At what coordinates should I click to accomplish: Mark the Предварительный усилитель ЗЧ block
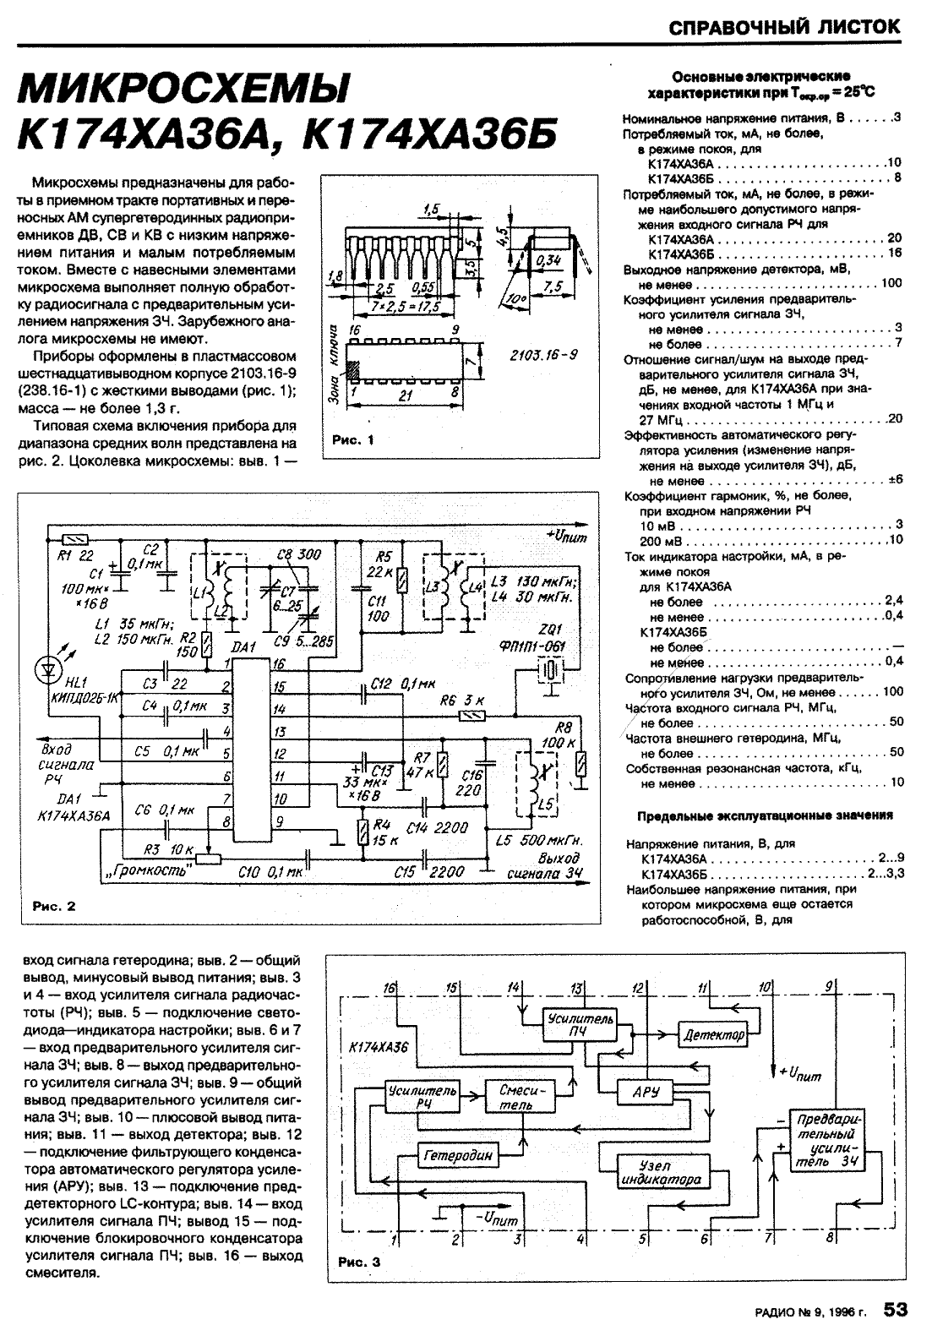coord(827,1141)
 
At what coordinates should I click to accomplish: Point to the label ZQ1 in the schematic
coord(542,630)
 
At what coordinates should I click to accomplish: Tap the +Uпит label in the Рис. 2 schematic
coord(566,536)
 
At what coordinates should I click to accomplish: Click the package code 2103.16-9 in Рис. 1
coord(543,356)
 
